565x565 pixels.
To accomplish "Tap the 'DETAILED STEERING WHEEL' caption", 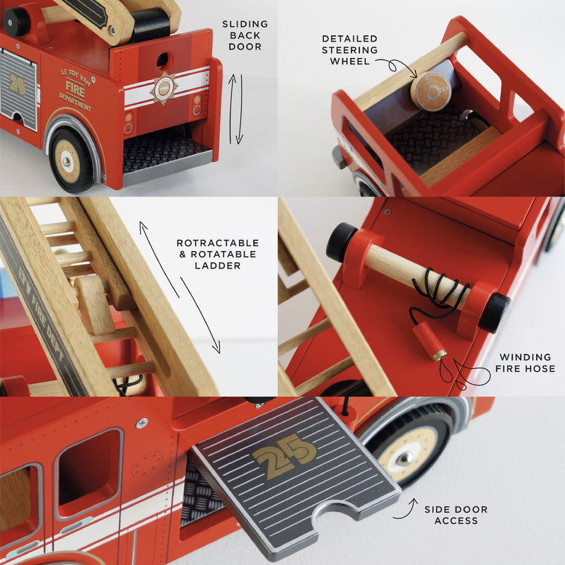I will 349,50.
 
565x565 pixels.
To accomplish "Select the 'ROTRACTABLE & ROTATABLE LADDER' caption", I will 217,254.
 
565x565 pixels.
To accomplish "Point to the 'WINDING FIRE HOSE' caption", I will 527,363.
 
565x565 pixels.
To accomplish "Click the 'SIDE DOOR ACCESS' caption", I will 455,515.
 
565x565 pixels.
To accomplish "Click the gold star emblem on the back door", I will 164,88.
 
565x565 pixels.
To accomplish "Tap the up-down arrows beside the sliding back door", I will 235,107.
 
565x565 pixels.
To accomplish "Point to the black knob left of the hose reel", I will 342,243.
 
